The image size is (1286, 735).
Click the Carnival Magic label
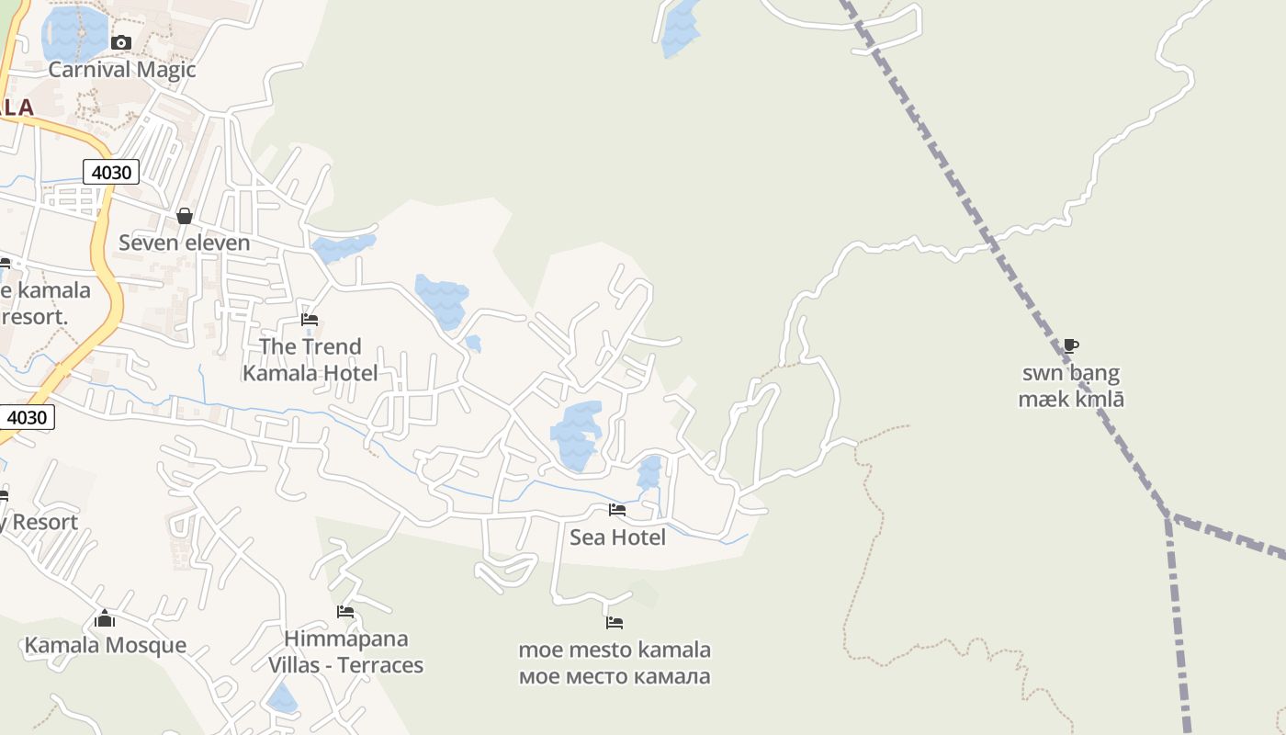click(x=122, y=70)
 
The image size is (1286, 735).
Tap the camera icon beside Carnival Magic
click(x=121, y=42)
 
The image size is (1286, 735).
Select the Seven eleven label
click(x=184, y=243)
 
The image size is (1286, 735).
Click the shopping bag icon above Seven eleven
click(x=185, y=216)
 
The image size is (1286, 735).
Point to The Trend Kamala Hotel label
click(x=310, y=359)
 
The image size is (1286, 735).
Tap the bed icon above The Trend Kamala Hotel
click(x=310, y=320)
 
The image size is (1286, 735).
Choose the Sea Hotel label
click(x=617, y=537)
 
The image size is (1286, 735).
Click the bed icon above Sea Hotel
click(x=617, y=509)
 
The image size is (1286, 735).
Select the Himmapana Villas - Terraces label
click(x=345, y=651)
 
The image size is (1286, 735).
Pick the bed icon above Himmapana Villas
click(x=345, y=611)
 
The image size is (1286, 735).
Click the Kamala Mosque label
click(x=105, y=645)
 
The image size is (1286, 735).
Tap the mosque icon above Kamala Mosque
click(x=105, y=618)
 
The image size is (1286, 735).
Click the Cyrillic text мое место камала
click(x=615, y=677)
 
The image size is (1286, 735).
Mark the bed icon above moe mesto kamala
click(x=615, y=623)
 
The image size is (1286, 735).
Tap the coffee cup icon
click(x=1070, y=346)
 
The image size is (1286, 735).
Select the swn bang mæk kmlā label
click(x=1071, y=386)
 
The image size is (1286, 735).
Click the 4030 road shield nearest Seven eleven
click(x=111, y=172)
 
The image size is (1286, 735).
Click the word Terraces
click(x=380, y=665)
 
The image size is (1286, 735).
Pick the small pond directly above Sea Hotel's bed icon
click(x=649, y=471)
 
